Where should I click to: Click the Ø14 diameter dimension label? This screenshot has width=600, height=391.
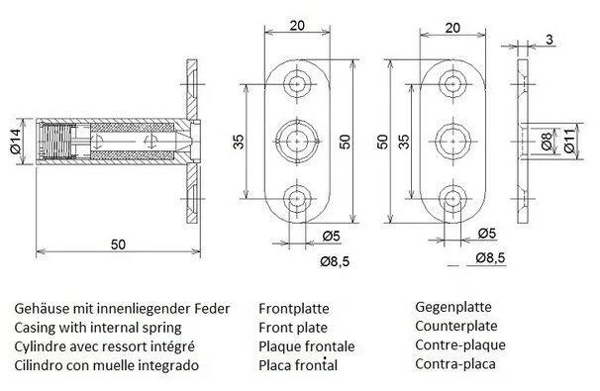(16, 142)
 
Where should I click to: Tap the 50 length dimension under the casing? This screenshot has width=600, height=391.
(118, 244)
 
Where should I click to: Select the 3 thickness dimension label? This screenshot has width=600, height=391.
(550, 40)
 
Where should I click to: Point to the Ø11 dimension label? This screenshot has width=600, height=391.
(569, 142)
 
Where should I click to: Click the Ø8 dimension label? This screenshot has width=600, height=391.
(547, 142)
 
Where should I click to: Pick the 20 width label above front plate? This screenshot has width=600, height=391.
(297, 26)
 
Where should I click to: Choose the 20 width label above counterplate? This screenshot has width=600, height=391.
(452, 28)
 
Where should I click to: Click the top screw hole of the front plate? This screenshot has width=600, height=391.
(297, 84)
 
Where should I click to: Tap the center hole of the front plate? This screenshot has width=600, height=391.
(297, 142)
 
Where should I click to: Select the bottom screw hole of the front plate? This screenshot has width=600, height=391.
(297, 199)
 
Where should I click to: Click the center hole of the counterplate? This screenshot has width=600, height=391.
(453, 142)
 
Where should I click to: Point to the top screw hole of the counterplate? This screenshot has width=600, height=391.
(453, 84)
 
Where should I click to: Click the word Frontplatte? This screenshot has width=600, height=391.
(294, 309)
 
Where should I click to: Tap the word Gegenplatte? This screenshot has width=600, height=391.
(453, 307)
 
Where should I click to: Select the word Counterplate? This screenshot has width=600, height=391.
(456, 326)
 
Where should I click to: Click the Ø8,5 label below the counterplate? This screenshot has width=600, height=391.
(490, 258)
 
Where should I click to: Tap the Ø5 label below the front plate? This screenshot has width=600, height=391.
(332, 236)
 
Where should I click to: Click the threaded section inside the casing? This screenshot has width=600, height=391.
(55, 142)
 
